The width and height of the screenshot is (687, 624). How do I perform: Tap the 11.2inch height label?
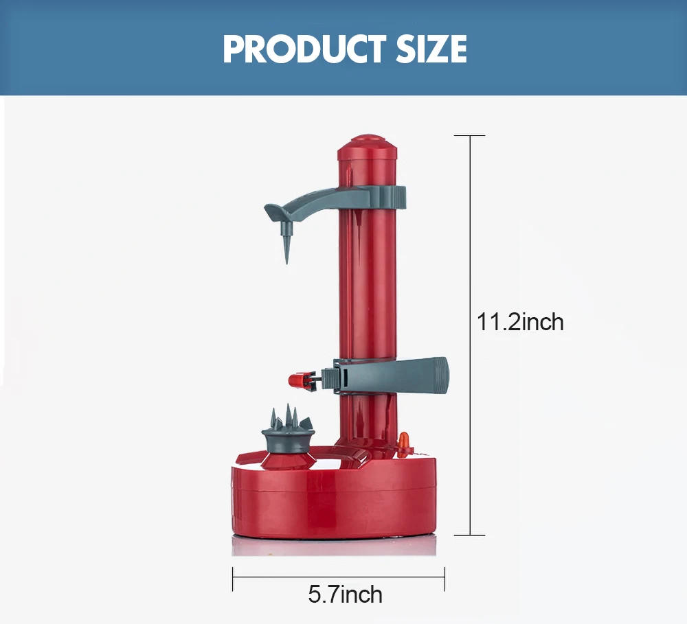click(x=520, y=321)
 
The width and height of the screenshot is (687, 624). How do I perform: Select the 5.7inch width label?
click(x=345, y=594)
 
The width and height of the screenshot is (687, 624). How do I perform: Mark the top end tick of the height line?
click(x=471, y=136)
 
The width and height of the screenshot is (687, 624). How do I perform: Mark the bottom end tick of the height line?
click(x=471, y=535)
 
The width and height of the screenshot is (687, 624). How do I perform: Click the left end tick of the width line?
click(x=233, y=579)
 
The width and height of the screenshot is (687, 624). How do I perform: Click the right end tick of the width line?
click(x=444, y=579)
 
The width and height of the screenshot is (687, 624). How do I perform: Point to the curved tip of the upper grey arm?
click(x=269, y=208)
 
